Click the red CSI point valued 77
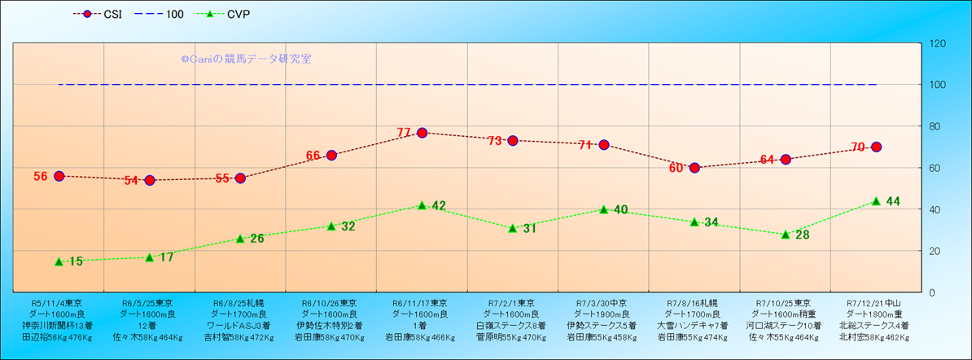[422, 133]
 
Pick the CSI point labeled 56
[59, 176]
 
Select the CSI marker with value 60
[694, 168]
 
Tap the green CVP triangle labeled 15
[59, 261]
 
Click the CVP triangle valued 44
[876, 201]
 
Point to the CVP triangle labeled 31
[513, 228]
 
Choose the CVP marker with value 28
[786, 235]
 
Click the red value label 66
[313, 156]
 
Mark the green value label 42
[438, 206]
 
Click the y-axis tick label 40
[933, 209]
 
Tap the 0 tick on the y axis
[930, 292]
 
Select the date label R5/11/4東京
[58, 302]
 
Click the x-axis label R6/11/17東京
[422, 302]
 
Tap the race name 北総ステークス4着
[876, 325]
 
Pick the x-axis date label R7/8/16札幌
[694, 302]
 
